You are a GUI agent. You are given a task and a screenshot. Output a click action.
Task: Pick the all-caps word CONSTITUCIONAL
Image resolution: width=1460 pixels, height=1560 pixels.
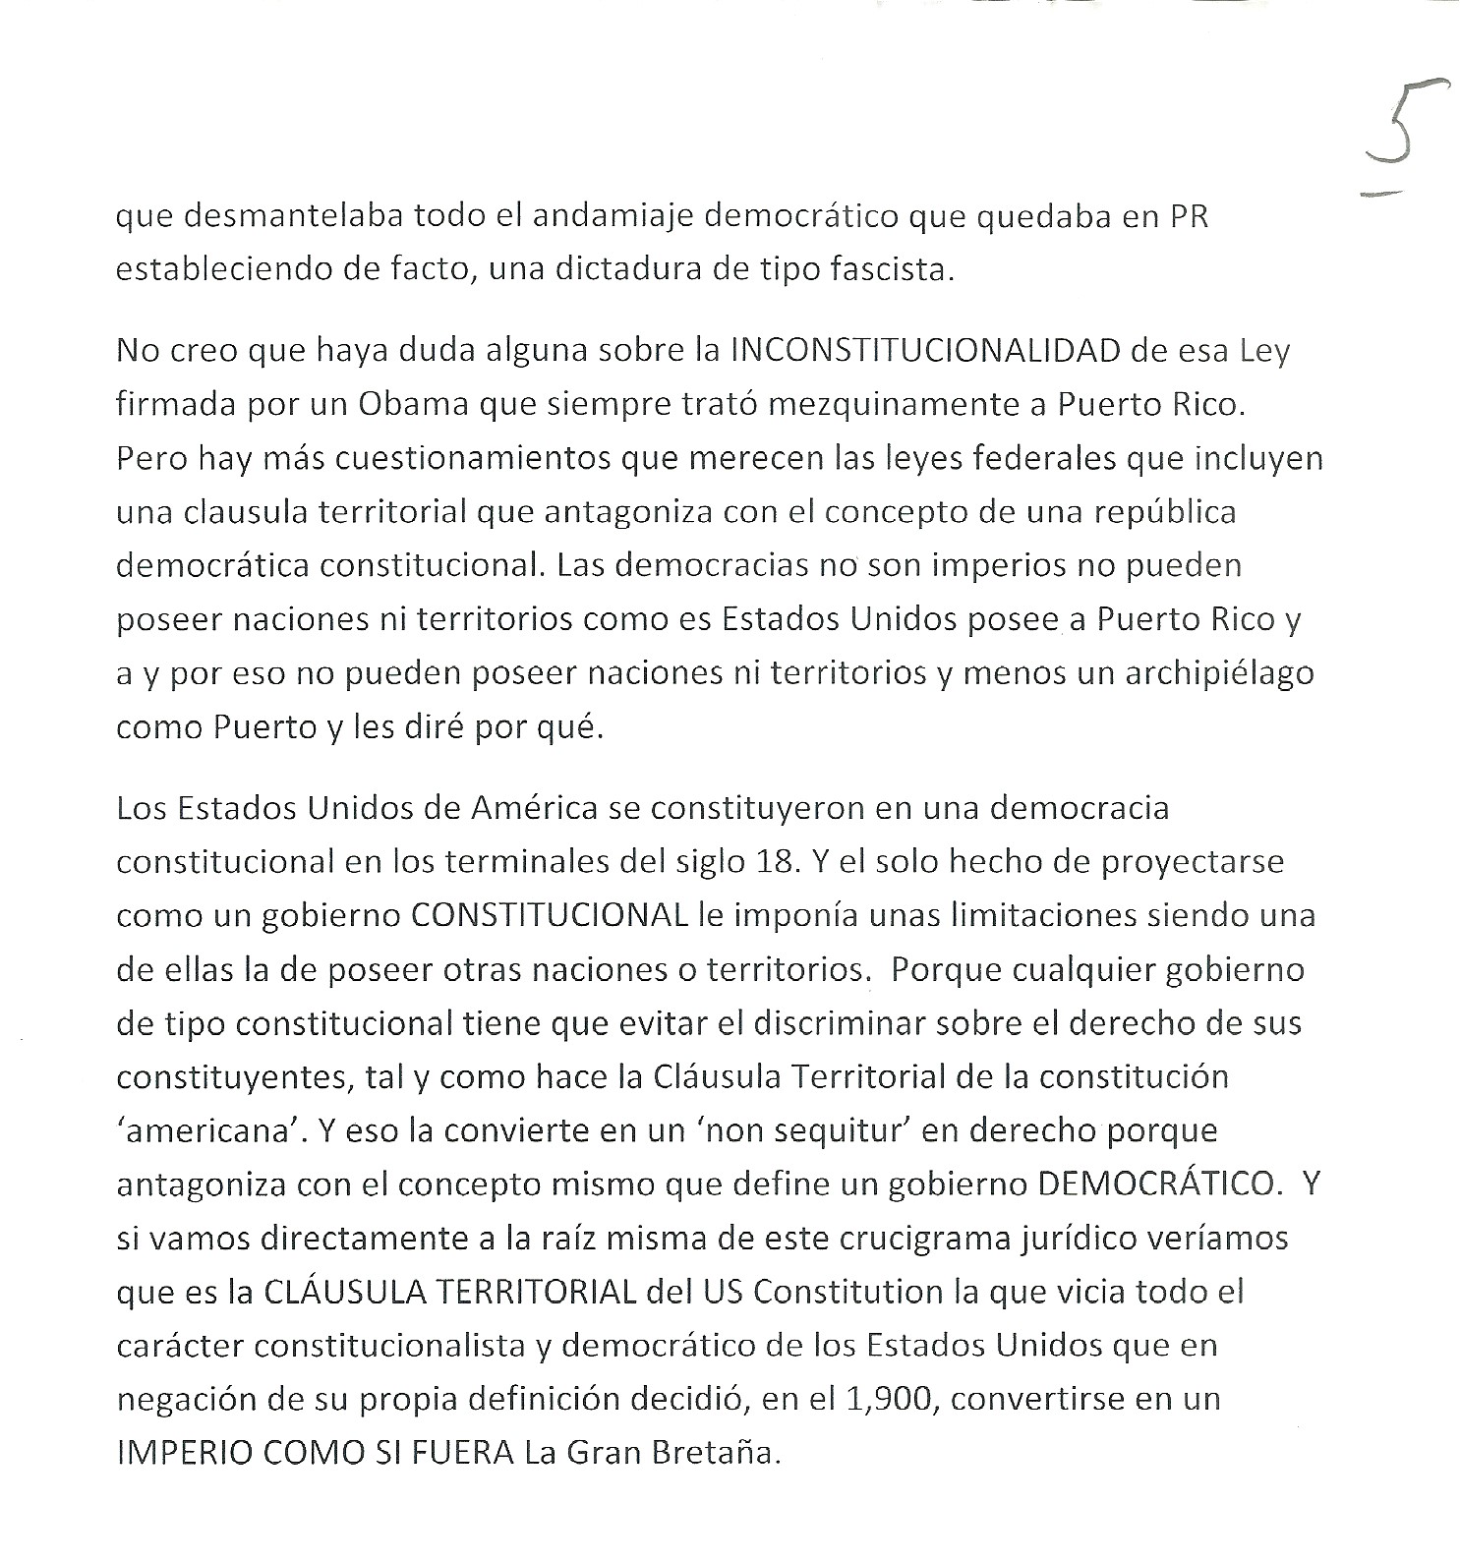click(x=548, y=915)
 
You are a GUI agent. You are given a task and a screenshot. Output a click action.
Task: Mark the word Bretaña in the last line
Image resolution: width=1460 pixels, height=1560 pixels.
click(x=720, y=1453)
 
